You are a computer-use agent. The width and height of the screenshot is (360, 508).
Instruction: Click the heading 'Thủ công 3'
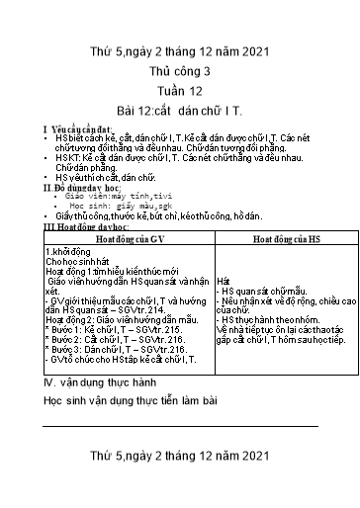tap(179, 58)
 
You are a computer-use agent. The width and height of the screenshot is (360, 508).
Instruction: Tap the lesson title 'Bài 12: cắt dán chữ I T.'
tap(179, 108)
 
